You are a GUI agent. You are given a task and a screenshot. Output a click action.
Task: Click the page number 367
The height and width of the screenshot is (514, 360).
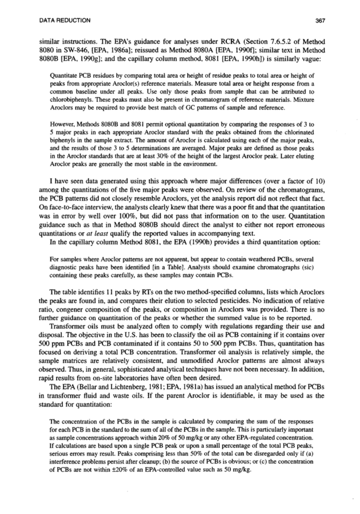coord(320,20)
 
